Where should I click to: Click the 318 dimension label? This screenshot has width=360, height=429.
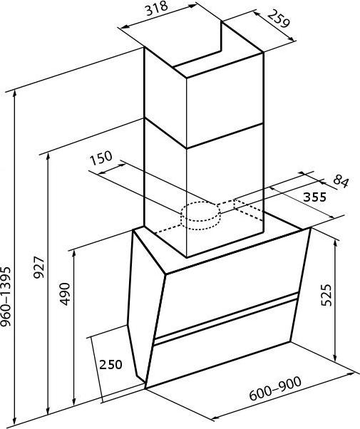click(x=156, y=9)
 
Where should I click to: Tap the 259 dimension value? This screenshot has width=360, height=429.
click(x=278, y=19)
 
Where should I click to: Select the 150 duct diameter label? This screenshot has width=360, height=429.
click(x=101, y=158)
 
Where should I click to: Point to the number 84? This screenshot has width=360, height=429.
click(x=341, y=181)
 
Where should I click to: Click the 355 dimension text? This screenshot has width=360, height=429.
click(x=315, y=197)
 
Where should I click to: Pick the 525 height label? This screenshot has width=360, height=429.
click(x=326, y=295)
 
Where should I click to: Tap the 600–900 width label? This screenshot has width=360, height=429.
click(x=275, y=388)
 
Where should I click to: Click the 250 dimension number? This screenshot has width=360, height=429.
click(x=110, y=364)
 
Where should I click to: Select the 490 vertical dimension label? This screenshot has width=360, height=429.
click(x=65, y=294)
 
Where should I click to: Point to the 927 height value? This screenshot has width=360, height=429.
click(x=38, y=267)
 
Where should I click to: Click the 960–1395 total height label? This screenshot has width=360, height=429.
click(x=6, y=297)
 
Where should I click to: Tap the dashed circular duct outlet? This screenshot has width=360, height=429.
click(x=200, y=216)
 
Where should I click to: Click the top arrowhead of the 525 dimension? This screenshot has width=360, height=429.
click(x=335, y=242)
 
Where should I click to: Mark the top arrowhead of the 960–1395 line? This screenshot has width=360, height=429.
click(x=15, y=94)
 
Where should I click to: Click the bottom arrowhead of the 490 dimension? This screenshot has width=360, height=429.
click(x=73, y=402)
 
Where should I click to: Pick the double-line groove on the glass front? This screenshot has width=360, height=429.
click(x=226, y=318)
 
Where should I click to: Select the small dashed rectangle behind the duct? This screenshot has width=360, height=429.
click(x=249, y=210)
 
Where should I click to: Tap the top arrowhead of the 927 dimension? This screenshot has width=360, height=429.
click(x=48, y=157)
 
